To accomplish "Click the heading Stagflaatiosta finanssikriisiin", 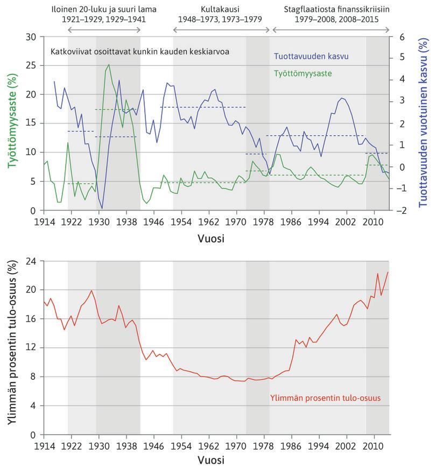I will (x=336, y=9).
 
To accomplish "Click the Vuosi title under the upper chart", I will (x=216, y=238).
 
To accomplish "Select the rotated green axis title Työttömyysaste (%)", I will (x=10, y=124).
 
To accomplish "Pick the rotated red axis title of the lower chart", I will (x=10, y=347).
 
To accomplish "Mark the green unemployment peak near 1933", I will (x=109, y=65).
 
